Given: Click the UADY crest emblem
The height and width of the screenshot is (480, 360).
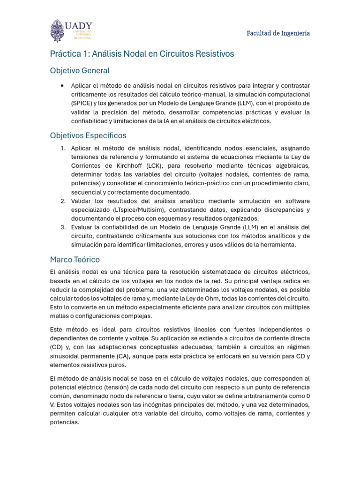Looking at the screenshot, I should coord(57,31).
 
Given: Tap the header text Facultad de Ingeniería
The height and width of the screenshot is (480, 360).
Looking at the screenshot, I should coord(278,33).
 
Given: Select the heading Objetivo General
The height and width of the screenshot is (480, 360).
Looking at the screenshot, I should coord(80,71).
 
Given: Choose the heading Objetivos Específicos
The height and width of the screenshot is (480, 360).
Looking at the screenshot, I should coord(88,135).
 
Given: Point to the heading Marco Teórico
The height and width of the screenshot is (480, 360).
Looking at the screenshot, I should coord(75,260).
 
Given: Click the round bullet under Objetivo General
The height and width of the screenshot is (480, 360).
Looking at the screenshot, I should coord(62,86).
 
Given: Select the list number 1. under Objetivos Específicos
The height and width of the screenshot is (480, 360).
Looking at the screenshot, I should coord(63,148).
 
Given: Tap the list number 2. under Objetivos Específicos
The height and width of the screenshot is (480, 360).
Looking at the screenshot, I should coord(63,201).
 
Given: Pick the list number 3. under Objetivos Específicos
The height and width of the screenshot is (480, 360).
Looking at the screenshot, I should coord(63,227).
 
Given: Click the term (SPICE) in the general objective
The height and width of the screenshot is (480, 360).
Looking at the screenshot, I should coord(83,104).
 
